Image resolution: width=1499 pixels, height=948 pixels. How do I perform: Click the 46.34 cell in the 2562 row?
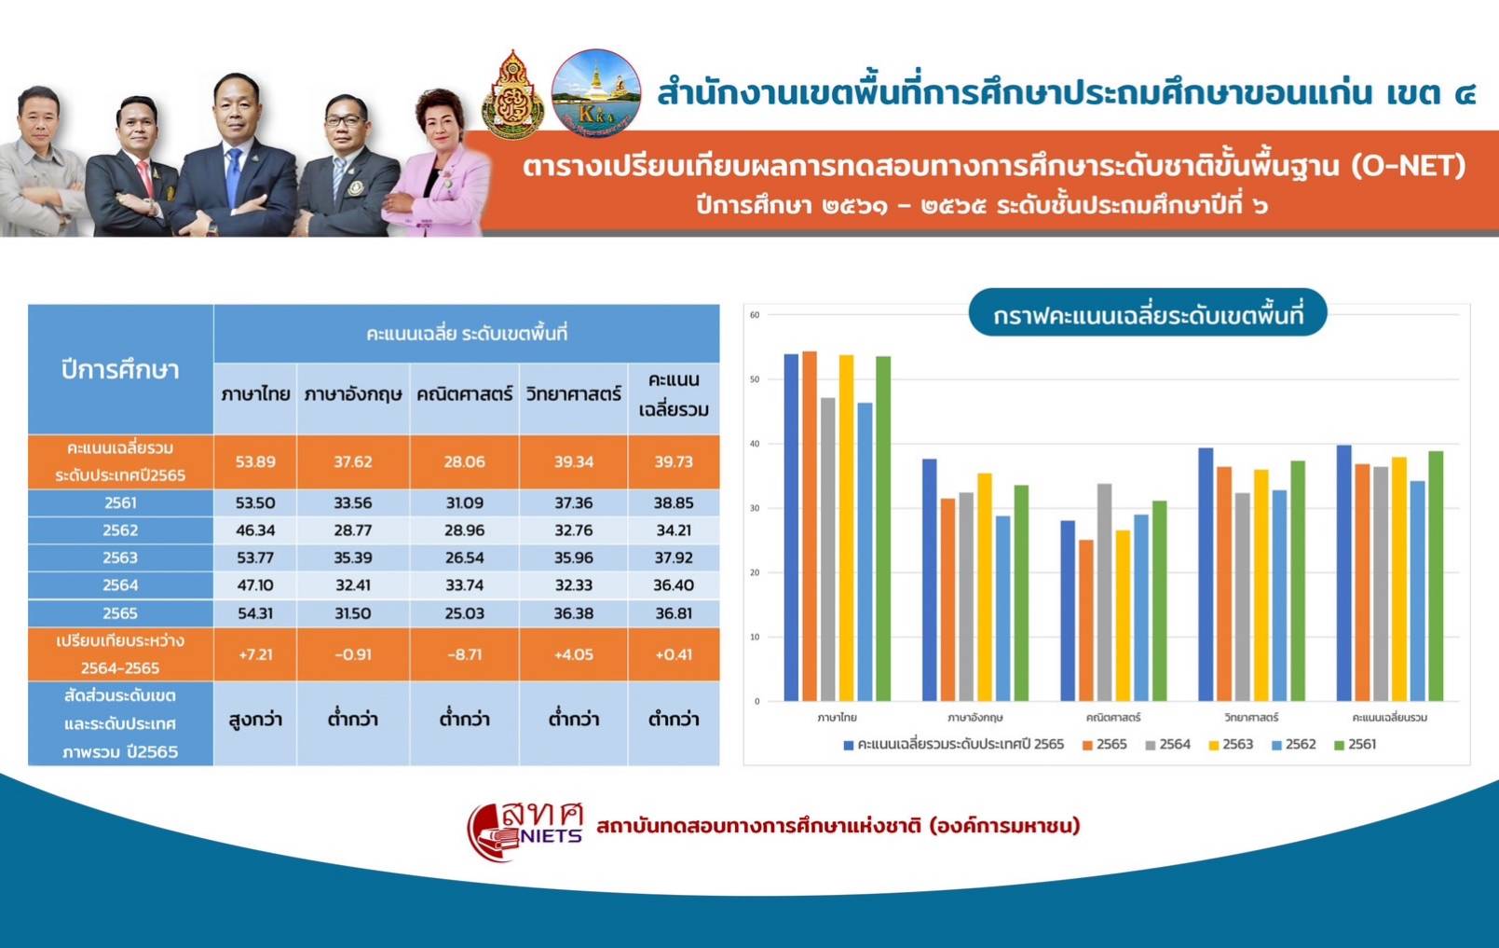pyautogui.click(x=255, y=530)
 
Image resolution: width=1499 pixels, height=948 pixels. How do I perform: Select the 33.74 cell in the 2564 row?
pyautogui.click(x=465, y=585)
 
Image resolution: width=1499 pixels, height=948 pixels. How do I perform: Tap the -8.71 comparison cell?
pyautogui.click(x=465, y=654)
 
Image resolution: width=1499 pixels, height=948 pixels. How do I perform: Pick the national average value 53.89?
pyautogui.click(x=255, y=461)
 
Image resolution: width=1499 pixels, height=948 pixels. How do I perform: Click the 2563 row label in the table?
pyautogui.click(x=120, y=557)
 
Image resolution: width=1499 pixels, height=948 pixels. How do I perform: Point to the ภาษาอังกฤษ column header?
pyautogui.click(x=353, y=394)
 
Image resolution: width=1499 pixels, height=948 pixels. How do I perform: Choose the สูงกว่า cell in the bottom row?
pyautogui.click(x=255, y=720)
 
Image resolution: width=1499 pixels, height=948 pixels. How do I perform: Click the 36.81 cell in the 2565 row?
pyautogui.click(x=674, y=613)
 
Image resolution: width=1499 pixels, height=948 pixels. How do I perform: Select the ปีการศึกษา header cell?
pyautogui.click(x=120, y=369)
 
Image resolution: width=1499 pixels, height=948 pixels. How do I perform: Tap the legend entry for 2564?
pyautogui.click(x=1167, y=745)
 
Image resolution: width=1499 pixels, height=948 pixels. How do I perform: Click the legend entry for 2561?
pyautogui.click(x=1356, y=745)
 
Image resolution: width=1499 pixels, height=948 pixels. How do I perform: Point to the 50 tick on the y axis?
pyautogui.click(x=755, y=379)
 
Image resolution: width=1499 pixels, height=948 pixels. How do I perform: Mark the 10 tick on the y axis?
pyautogui.click(x=755, y=637)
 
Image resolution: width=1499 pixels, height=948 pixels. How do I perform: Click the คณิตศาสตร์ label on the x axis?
pyautogui.click(x=1113, y=718)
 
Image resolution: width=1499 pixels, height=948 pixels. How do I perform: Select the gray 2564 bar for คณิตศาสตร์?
pyautogui.click(x=1104, y=593)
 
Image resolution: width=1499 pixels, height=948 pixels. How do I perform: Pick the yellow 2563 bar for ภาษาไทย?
pyautogui.click(x=846, y=529)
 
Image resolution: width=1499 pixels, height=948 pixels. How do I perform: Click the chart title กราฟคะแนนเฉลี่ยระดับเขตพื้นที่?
pyautogui.click(x=1148, y=315)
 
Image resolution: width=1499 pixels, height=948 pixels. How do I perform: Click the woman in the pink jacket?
pyautogui.click(x=438, y=164)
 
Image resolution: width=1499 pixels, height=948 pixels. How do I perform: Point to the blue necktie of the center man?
pyautogui.click(x=234, y=178)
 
